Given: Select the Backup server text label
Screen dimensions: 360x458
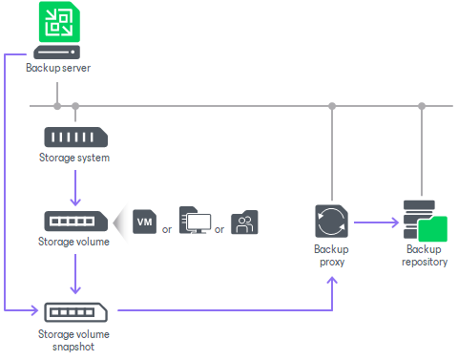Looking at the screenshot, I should pyautogui.click(x=57, y=70).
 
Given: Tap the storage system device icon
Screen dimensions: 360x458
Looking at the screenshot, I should pyautogui.click(x=75, y=136).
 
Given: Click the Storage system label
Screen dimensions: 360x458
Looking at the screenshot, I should pyautogui.click(x=74, y=158).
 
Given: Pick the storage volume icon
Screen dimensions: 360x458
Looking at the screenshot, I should pyautogui.click(x=75, y=221).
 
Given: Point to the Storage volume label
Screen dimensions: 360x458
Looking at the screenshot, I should pyautogui.click(x=74, y=242).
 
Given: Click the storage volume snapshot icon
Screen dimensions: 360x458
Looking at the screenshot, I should pyautogui.click(x=75, y=311).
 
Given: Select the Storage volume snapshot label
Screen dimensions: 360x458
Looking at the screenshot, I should pyautogui.click(x=74, y=340).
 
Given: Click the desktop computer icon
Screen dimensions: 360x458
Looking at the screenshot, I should pyautogui.click(x=196, y=221).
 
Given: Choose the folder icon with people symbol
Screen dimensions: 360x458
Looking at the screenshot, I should pyautogui.click(x=245, y=222).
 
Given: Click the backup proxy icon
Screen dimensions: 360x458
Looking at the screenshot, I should pyautogui.click(x=331, y=222).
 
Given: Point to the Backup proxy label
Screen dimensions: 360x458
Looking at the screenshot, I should pyautogui.click(x=331, y=254).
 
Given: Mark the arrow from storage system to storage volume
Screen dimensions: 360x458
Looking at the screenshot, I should pyautogui.click(x=75, y=187).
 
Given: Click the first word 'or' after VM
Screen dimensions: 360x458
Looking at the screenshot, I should pyautogui.click(x=167, y=229).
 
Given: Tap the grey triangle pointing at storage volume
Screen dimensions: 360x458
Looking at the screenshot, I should pyautogui.click(x=119, y=222).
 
